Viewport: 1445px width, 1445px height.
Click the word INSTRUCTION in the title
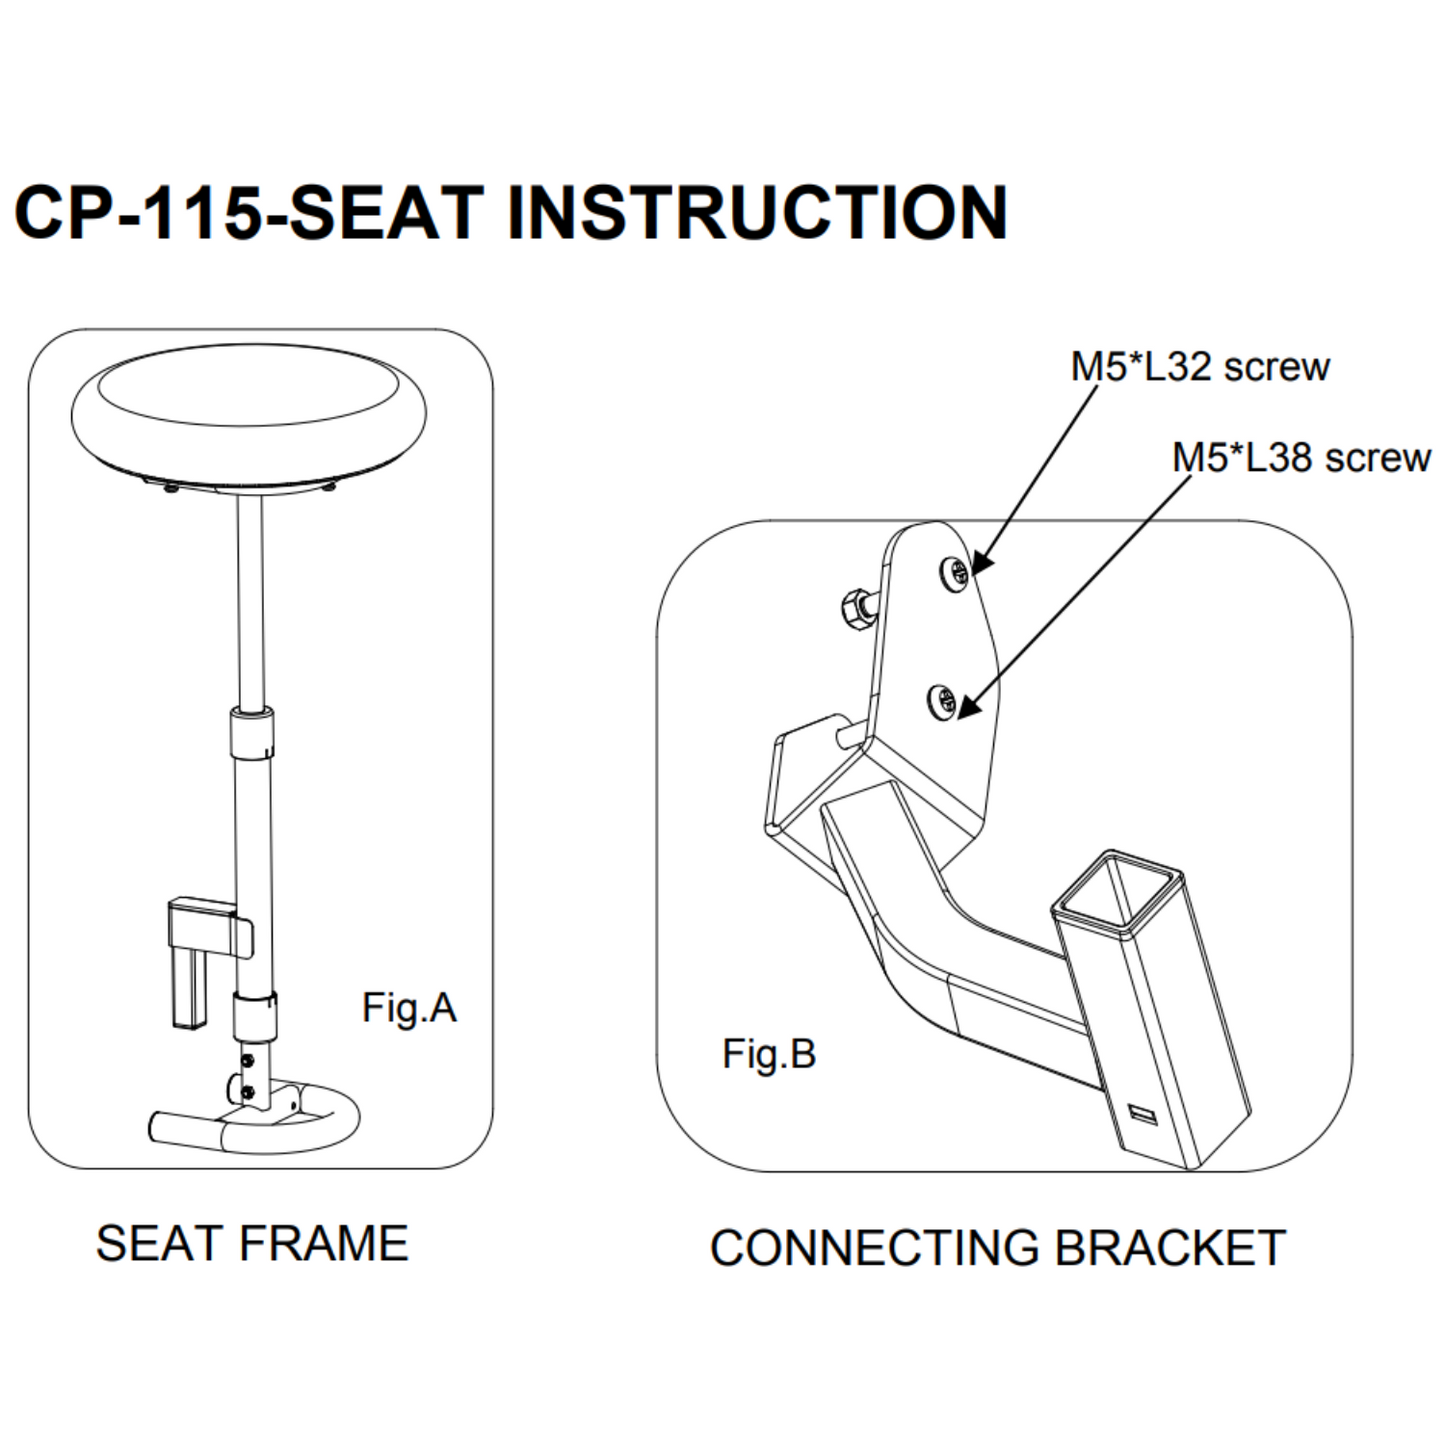[x=757, y=213]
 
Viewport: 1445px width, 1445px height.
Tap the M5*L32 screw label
[x=1199, y=367]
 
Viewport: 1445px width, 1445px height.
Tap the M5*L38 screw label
[x=1300, y=458]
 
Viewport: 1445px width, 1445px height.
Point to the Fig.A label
[x=409, y=1007]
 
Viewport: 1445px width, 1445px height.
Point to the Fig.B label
[x=768, y=1054]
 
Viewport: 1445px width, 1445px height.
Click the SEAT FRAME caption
[x=252, y=1244]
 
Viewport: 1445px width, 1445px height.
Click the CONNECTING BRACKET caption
[x=997, y=1248]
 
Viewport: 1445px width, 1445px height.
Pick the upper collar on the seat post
[x=251, y=735]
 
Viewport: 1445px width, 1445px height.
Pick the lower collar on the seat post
[x=254, y=1017]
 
